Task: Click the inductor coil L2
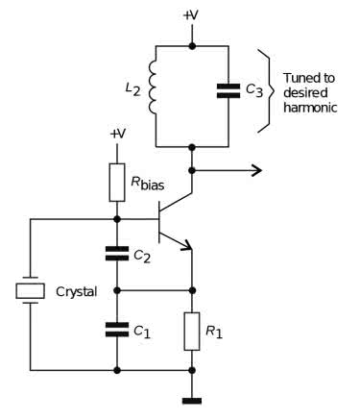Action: pos(153,86)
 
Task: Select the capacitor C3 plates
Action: pos(228,90)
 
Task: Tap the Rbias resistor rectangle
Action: pos(117,183)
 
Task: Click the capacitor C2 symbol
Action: pos(117,254)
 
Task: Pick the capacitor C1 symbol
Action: pos(117,330)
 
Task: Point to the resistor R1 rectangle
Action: pos(192,332)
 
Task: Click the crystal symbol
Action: pos(31,290)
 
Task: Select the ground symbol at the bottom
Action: pos(192,401)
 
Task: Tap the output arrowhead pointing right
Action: pos(257,170)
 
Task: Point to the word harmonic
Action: pos(310,108)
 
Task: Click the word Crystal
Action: pos(76,292)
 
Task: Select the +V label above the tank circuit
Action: pos(191,15)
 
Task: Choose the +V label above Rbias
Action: pos(117,134)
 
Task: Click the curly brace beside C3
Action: pos(266,90)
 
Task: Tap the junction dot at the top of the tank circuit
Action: pos(192,46)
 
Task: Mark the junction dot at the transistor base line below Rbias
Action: pos(117,219)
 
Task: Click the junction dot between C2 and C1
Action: pos(117,290)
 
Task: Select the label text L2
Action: pos(132,89)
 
